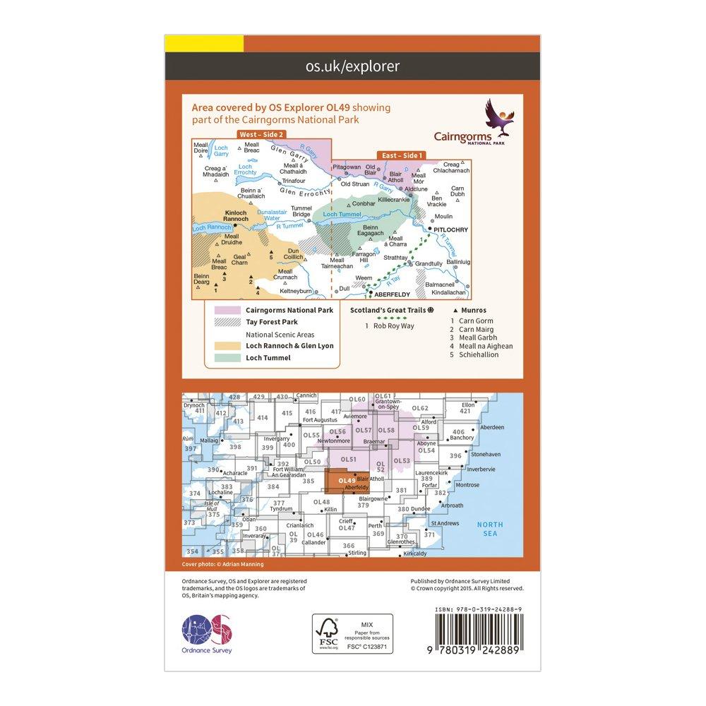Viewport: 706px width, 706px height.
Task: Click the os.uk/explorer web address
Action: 352,66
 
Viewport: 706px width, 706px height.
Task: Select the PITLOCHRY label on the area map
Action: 449,230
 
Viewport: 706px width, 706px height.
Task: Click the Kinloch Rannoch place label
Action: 237,215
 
